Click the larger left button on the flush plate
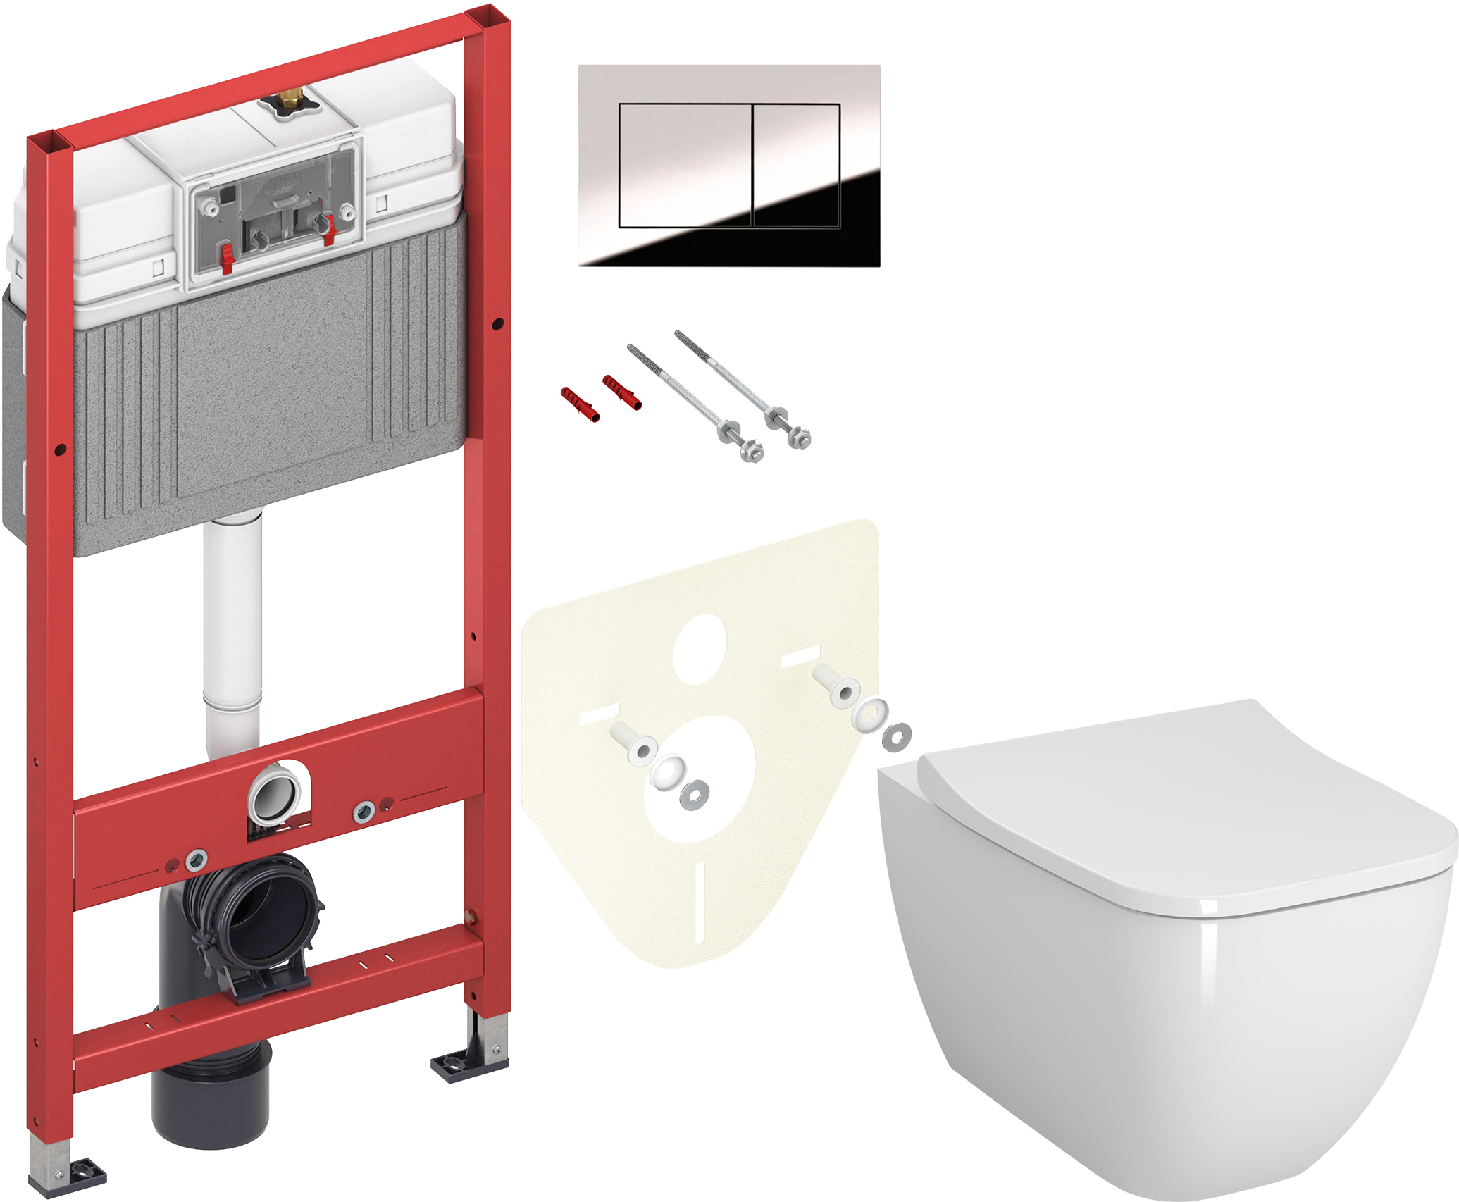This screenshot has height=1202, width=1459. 685,166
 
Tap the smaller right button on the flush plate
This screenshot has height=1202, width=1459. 796,166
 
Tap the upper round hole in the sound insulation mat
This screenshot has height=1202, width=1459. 700,649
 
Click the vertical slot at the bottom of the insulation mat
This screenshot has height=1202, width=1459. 700,902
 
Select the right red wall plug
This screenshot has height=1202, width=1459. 621,392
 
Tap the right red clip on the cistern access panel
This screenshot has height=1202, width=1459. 328,230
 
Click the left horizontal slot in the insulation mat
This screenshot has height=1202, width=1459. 598,714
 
